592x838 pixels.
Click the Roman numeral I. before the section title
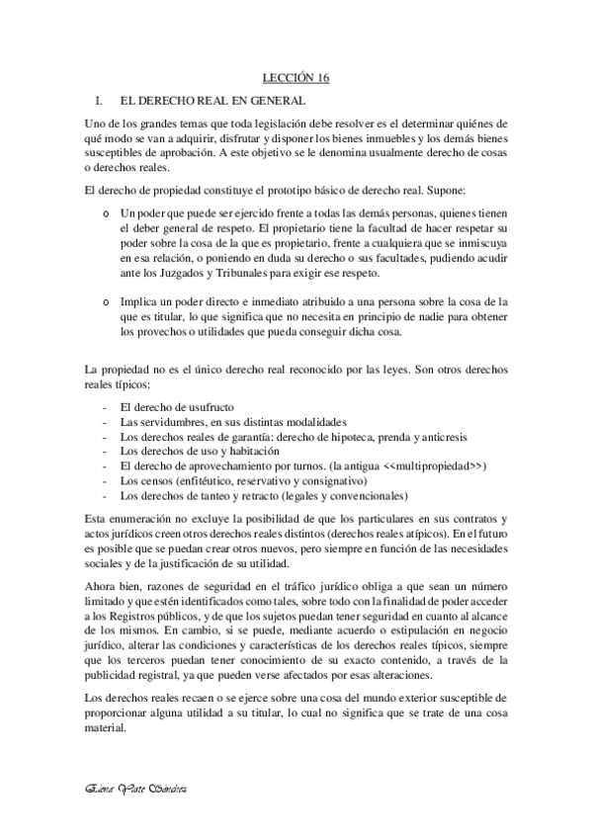tap(94, 101)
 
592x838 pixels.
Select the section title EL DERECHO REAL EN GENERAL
tap(211, 101)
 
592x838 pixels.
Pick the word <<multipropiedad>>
tap(433, 464)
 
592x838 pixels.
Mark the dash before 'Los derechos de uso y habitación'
tap(107, 450)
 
